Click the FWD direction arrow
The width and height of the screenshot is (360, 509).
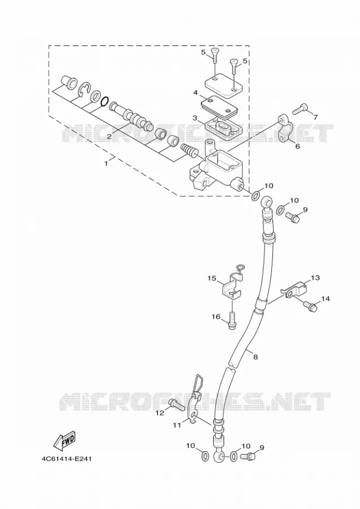tap(64, 441)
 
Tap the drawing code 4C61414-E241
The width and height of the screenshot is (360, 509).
tap(66, 459)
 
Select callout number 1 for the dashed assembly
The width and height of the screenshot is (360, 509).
tap(106, 163)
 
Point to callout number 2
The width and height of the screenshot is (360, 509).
tap(109, 137)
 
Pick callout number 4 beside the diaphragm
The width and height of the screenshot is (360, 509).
tap(195, 93)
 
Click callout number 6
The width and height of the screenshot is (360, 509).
tap(297, 146)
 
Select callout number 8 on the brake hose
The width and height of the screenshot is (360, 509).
tap(255, 357)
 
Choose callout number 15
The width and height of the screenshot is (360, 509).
tap(211, 278)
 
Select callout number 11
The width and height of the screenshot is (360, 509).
tap(176, 425)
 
